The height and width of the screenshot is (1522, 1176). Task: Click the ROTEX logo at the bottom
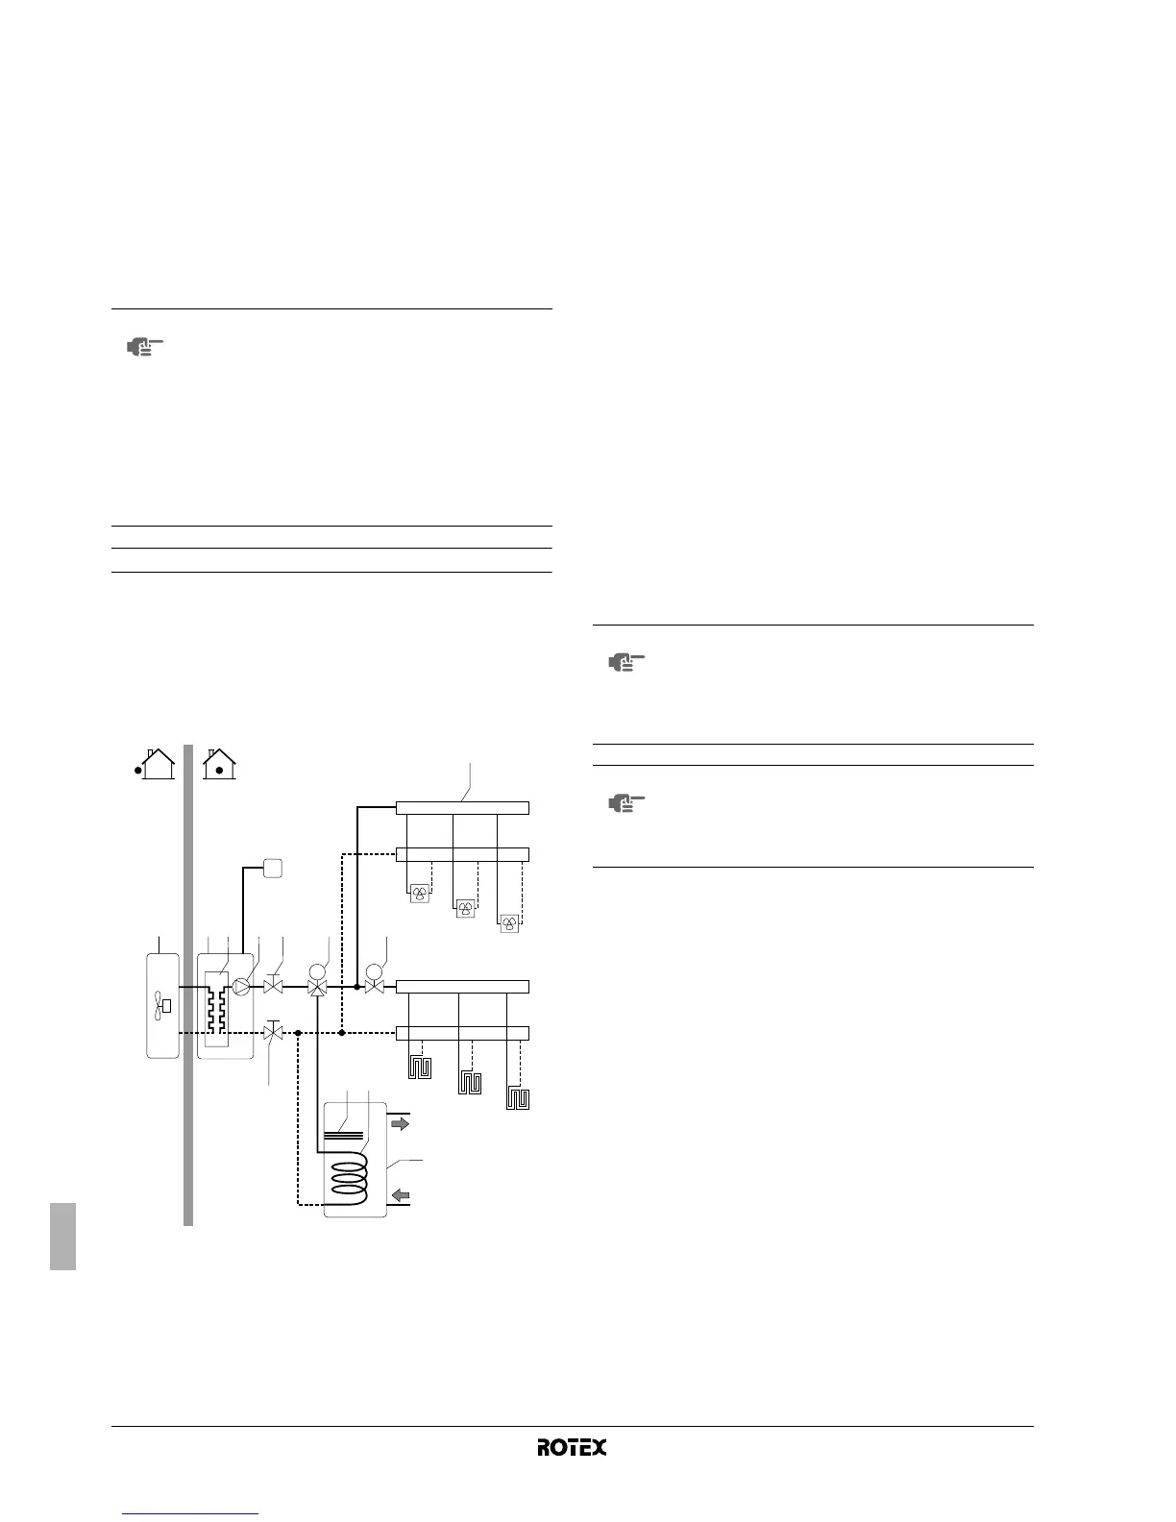click(x=572, y=1447)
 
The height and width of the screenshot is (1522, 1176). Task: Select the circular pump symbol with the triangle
click(x=241, y=986)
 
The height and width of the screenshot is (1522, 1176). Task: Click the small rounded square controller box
click(x=273, y=868)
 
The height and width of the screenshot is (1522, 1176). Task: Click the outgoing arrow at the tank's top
click(x=399, y=1122)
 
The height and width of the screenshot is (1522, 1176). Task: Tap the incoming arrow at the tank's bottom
click(x=399, y=1196)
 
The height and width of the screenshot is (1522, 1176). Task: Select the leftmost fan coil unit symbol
click(x=420, y=895)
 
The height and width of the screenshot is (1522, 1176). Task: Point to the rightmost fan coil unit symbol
click(x=509, y=923)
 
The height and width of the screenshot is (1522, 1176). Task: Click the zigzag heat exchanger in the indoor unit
click(x=216, y=1005)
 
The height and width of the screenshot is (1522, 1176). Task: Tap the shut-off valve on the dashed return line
click(x=273, y=1033)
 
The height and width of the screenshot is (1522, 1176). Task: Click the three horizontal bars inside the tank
click(x=345, y=1134)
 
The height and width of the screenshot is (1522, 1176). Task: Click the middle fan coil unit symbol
click(x=465, y=908)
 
